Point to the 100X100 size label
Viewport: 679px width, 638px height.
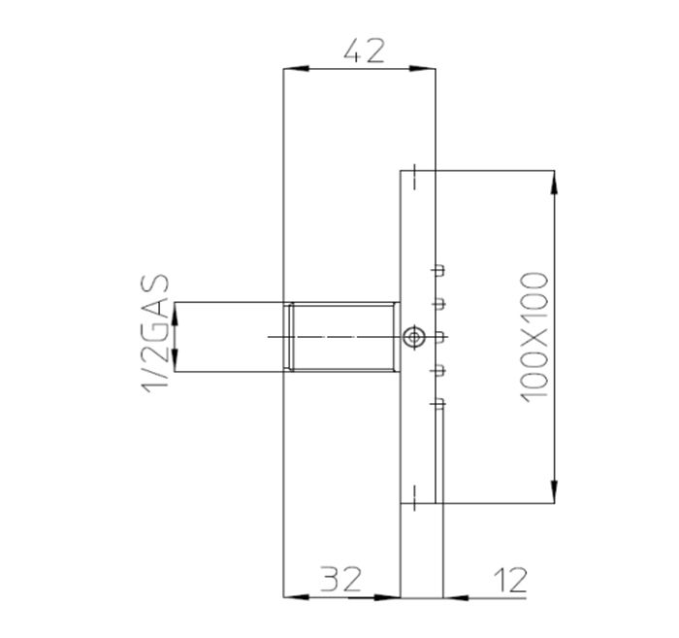534,335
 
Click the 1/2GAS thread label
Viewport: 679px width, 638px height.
156,335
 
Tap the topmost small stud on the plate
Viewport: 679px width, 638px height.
438,269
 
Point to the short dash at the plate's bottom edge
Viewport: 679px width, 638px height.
415,495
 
